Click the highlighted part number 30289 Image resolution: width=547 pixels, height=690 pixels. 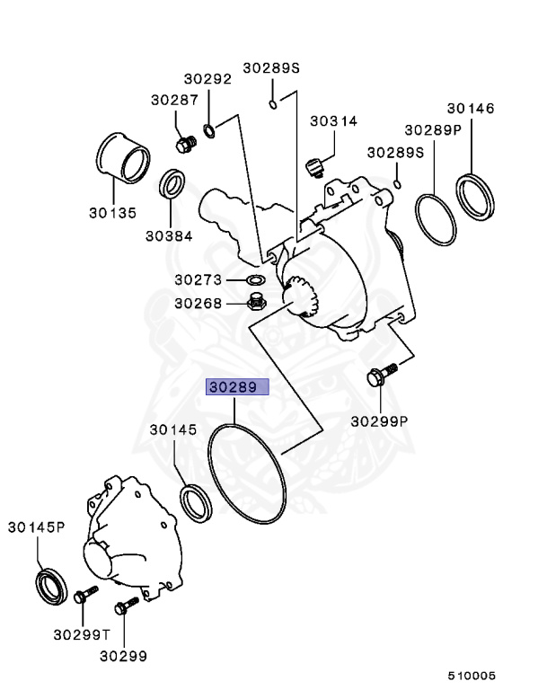[x=238, y=388]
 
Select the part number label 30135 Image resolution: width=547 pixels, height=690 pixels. [x=112, y=213]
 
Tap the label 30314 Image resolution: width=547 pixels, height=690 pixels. [x=333, y=120]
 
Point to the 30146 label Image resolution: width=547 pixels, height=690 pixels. [x=471, y=108]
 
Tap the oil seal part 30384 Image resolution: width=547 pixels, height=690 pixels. [x=172, y=184]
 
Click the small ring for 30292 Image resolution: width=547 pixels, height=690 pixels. [x=209, y=132]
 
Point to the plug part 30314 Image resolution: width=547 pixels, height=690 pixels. [x=314, y=167]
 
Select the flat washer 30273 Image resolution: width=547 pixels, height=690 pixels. [x=254, y=280]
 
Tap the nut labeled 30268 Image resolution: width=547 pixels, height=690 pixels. [x=255, y=302]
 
